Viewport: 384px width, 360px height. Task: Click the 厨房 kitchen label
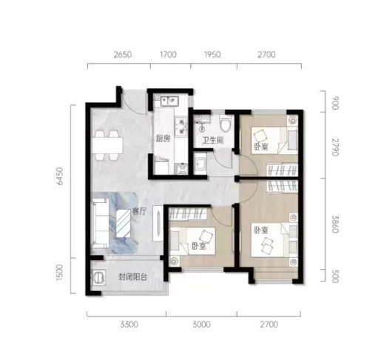click(163, 139)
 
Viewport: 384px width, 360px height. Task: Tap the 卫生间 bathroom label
click(213, 141)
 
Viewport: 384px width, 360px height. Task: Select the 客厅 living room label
click(140, 211)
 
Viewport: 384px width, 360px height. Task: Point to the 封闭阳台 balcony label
click(133, 277)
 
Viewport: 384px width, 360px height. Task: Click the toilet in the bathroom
click(226, 124)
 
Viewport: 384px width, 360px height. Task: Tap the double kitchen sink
click(169, 101)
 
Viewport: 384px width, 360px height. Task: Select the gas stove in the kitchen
click(182, 127)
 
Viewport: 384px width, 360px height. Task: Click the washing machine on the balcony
click(99, 277)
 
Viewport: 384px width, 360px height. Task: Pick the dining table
click(107, 145)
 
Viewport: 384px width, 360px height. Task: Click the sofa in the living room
click(100, 223)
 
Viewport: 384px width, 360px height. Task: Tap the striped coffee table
click(123, 224)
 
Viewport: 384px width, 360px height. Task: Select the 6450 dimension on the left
click(59, 176)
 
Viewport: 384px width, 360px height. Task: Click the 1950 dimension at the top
click(212, 54)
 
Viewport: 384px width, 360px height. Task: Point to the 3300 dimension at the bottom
click(129, 324)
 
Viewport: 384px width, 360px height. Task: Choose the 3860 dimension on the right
click(335, 224)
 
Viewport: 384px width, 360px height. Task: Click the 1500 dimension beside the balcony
click(59, 273)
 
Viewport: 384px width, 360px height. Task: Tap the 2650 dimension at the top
click(123, 54)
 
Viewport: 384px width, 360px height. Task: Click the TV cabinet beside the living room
click(158, 223)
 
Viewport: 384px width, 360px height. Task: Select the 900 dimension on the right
click(335, 103)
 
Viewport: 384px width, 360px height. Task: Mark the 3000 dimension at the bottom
click(201, 324)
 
